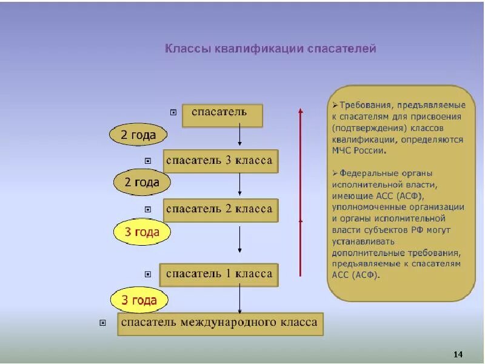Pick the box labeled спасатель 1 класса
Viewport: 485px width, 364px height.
pos(219,274)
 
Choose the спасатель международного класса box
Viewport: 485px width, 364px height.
pos(220,323)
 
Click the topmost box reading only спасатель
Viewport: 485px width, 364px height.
pos(222,115)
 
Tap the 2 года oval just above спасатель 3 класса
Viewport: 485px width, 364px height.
pos(138,135)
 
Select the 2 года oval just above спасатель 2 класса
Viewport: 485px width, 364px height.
pos(142,182)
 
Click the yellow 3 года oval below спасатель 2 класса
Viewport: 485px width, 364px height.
pos(142,232)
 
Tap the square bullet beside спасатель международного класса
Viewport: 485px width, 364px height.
pos(102,323)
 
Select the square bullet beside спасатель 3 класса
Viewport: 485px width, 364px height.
pos(148,161)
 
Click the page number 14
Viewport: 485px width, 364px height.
pos(458,354)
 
